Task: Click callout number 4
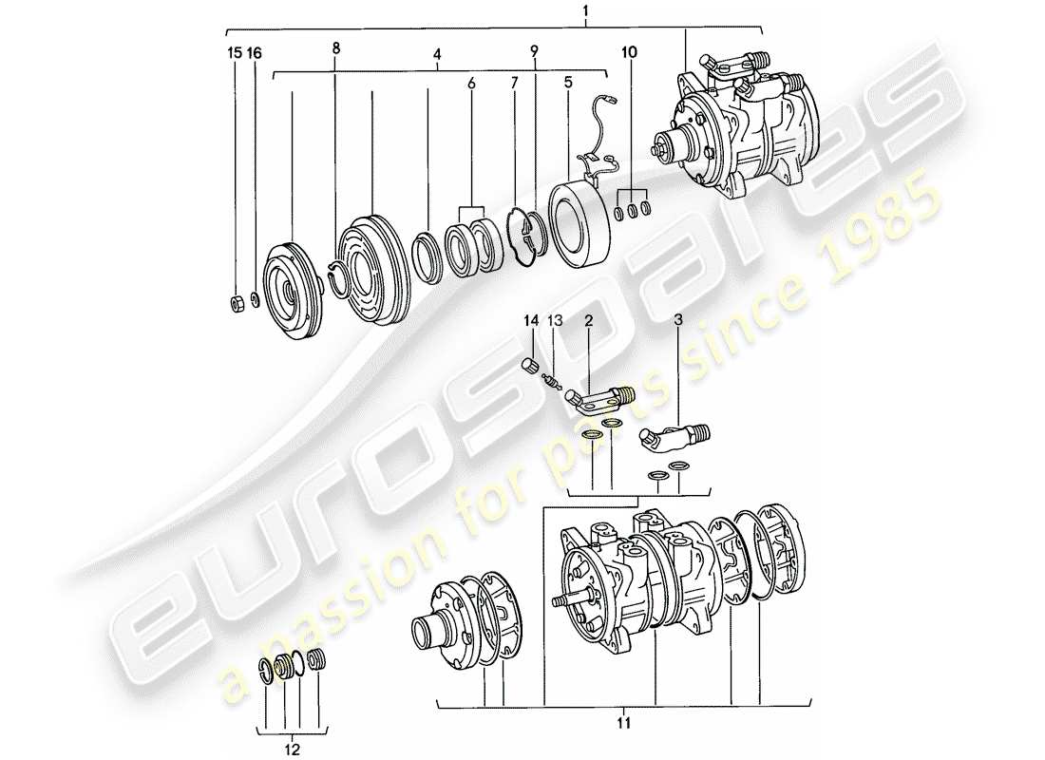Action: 437,55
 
